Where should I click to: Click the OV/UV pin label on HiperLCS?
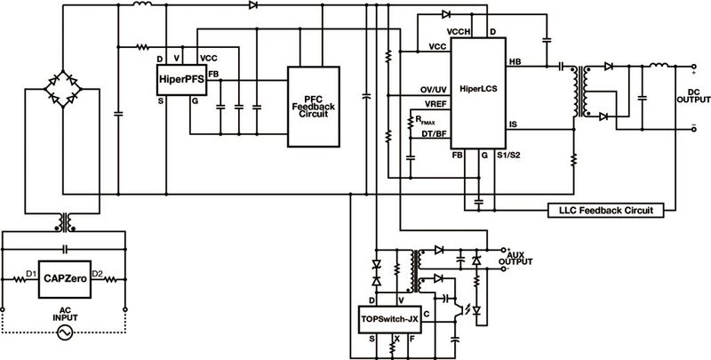432,89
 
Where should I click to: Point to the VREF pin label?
434,107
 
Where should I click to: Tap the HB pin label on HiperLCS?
514,62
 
